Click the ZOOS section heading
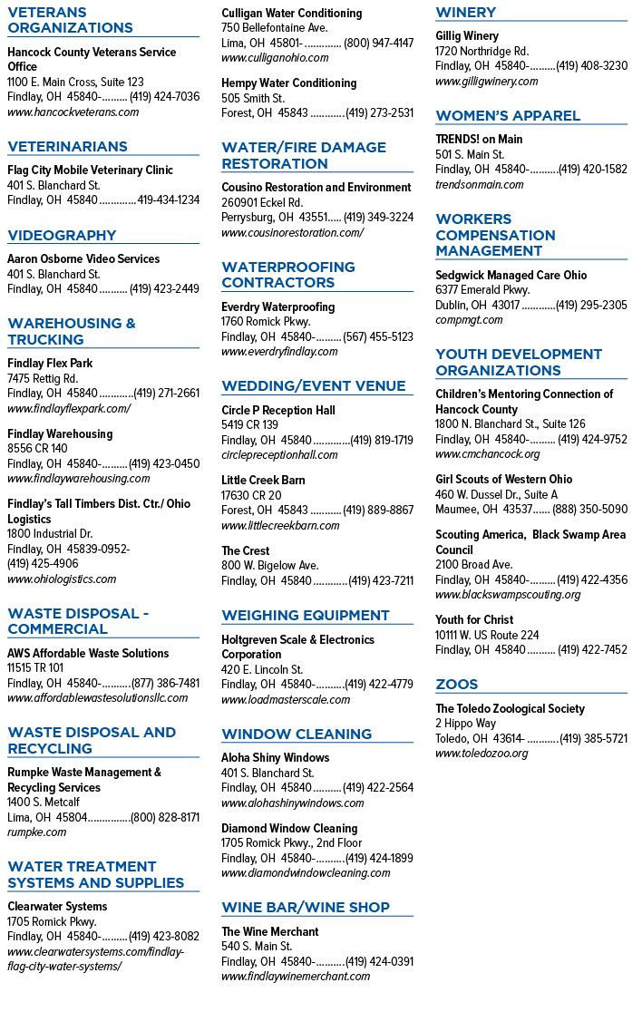pyautogui.click(x=457, y=684)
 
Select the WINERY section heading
pyautogui.click(x=466, y=13)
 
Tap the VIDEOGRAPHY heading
pyautogui.click(x=62, y=236)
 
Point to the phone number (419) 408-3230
pyautogui.click(x=591, y=66)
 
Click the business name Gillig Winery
pyautogui.click(x=467, y=36)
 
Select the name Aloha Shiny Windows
pyautogui.click(x=275, y=758)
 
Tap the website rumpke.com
pyautogui.click(x=37, y=832)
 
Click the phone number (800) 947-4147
pyautogui.click(x=379, y=44)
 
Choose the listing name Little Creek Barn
pyautogui.click(x=263, y=481)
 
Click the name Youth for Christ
pyautogui.click(x=474, y=619)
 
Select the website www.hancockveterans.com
pyautogui.click(x=73, y=112)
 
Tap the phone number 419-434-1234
pyautogui.click(x=169, y=200)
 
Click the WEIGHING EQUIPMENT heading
pyautogui.click(x=306, y=616)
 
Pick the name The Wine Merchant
pyautogui.click(x=269, y=932)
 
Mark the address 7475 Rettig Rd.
pyautogui.click(x=43, y=379)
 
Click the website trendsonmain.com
pyautogui.click(x=480, y=185)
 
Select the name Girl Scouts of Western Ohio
pyautogui.click(x=504, y=480)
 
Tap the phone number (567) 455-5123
pyautogui.click(x=378, y=337)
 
